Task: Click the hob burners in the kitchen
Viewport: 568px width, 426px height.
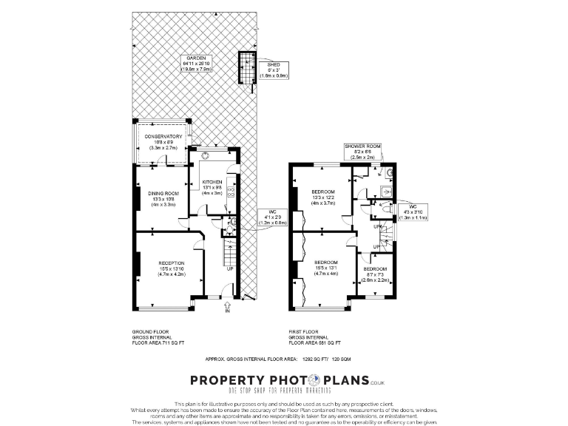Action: coord(230,192)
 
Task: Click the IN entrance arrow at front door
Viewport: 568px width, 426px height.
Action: coord(228,311)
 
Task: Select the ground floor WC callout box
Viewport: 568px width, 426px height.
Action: coord(273,217)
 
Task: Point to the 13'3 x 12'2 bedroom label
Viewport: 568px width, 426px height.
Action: coord(324,197)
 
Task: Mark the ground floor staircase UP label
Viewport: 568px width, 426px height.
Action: coord(229,269)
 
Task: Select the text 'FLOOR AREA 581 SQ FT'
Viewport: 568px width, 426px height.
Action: coord(316,344)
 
